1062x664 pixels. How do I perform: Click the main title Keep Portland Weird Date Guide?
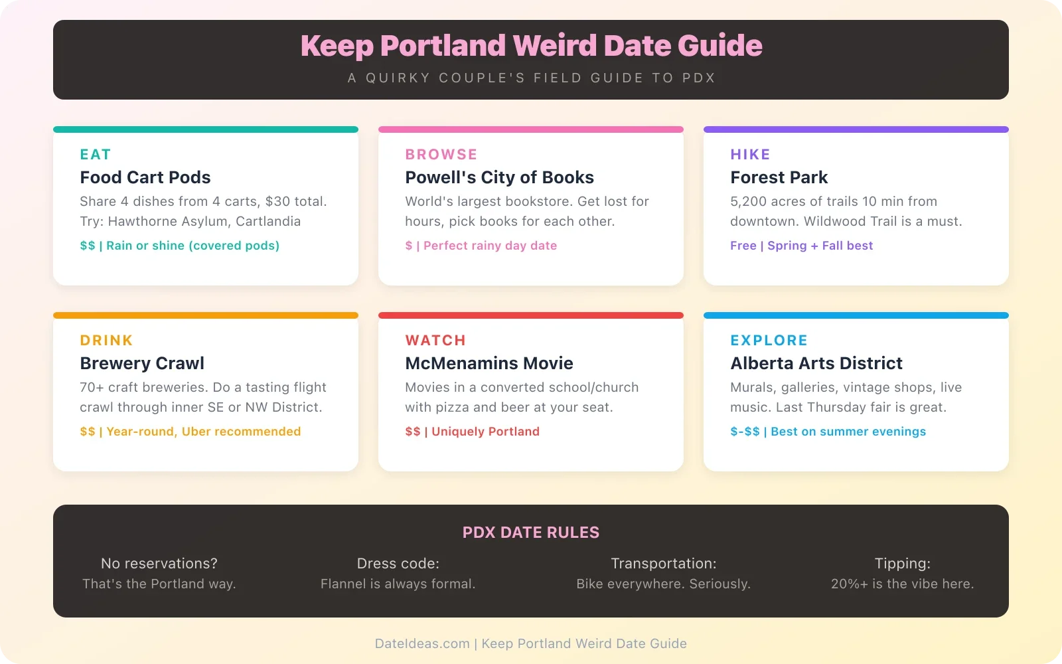point(531,46)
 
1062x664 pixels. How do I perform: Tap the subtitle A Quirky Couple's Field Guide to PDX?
point(531,78)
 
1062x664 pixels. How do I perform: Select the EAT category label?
point(96,155)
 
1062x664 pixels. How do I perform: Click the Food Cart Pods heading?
point(145,177)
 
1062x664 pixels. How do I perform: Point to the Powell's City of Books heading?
point(499,177)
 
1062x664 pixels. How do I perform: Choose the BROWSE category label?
point(441,155)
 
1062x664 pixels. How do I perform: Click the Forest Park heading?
point(779,177)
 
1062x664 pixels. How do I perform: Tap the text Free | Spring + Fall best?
point(801,246)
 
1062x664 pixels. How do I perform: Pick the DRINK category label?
point(106,341)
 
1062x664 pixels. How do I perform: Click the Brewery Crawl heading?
point(142,363)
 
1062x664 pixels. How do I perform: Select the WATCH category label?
point(435,341)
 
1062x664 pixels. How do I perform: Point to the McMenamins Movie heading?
point(489,363)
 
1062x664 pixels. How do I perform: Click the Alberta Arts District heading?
point(816,363)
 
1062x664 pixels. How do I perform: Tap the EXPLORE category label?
point(769,341)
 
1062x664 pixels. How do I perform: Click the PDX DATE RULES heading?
point(531,533)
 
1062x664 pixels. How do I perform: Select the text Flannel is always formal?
point(398,584)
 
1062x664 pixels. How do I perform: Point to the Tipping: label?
point(902,564)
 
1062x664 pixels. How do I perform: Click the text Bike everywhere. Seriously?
point(663,584)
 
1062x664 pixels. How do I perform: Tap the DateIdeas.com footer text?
point(422,643)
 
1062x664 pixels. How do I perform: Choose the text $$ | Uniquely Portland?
point(472,432)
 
